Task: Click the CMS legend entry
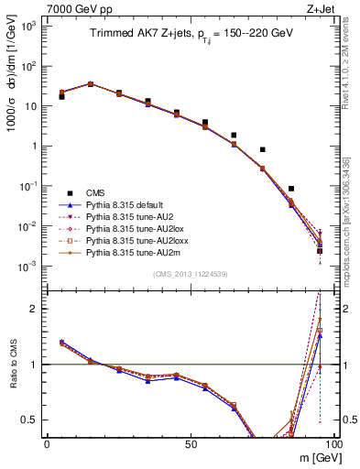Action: pos(93,192)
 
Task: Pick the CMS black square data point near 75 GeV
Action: pos(262,149)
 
